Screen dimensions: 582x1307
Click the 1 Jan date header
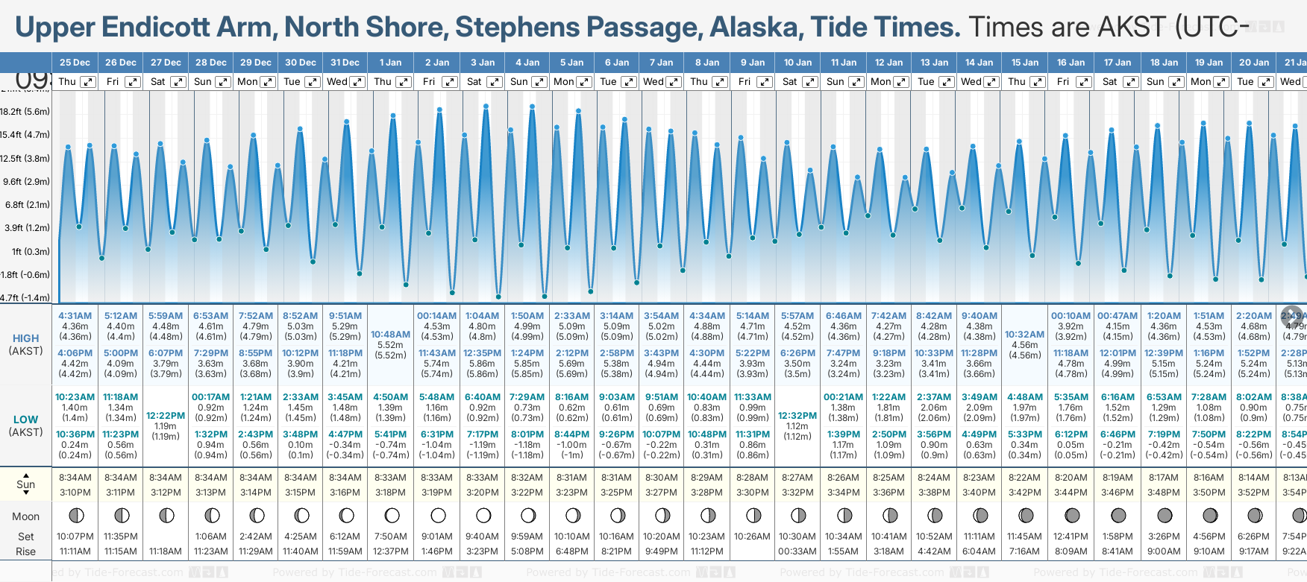click(390, 63)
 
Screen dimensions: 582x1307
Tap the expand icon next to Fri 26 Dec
click(133, 82)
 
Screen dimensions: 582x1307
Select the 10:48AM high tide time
click(390, 335)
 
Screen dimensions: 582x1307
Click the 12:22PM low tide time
click(166, 416)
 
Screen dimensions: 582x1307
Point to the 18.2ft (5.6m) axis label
click(25, 112)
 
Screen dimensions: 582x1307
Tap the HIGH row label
click(25, 338)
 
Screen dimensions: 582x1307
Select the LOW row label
click(25, 420)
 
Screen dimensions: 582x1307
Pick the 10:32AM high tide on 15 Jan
click(1024, 335)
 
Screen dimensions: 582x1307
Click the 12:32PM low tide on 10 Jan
click(797, 416)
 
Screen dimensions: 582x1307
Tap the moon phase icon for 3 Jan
click(483, 515)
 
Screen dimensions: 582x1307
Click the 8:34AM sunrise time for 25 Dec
click(75, 478)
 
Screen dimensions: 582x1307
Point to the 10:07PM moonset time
click(75, 537)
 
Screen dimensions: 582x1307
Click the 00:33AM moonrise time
click(797, 551)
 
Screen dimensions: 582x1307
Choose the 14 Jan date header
click(980, 63)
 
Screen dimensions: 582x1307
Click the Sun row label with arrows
click(25, 484)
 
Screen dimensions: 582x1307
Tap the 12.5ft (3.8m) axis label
click(25, 159)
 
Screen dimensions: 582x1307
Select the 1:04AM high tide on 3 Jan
click(482, 316)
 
